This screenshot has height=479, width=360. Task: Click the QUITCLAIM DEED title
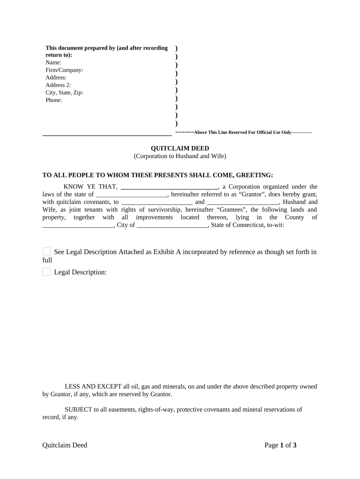[180, 148]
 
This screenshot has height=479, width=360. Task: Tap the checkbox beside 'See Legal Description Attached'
[46, 252]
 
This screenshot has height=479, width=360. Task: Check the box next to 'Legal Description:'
[46, 272]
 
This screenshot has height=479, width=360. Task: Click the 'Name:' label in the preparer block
[53, 63]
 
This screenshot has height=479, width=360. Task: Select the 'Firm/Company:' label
[64, 70]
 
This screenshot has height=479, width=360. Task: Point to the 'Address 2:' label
[58, 85]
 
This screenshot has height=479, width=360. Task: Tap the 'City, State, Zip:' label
[64, 93]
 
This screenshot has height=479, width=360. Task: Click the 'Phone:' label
[54, 100]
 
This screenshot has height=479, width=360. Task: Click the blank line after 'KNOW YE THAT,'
[169, 187]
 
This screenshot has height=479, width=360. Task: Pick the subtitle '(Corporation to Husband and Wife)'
[180, 156]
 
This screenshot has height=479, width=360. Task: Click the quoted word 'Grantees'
[232, 210]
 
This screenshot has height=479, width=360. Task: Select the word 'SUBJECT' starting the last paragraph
[79, 409]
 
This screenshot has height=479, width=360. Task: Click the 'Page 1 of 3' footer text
[281, 445]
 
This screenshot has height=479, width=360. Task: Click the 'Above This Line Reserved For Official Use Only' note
[243, 132]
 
